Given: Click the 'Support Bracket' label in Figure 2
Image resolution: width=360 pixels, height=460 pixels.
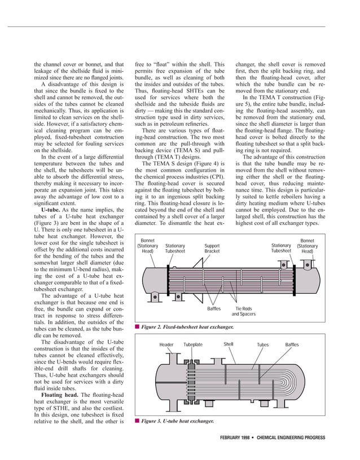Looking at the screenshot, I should (212, 249).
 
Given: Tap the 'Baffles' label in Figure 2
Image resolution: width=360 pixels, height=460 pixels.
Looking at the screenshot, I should (213, 308).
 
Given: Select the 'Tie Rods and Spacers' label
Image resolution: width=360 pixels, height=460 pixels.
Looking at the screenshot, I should (243, 311).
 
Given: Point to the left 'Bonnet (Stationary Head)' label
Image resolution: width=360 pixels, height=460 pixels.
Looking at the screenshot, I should (148, 246).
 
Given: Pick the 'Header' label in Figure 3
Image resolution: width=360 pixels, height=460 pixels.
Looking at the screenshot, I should (166, 344).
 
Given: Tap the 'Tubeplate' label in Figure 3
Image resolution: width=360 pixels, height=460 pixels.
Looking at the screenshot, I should (193, 344).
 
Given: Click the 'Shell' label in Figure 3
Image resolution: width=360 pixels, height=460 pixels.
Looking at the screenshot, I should (229, 344).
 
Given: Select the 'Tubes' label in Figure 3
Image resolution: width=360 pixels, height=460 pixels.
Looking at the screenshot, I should (263, 344).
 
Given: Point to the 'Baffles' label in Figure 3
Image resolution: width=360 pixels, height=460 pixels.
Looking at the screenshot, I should (292, 344).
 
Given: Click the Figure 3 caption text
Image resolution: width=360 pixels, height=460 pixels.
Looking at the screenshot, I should (177, 421).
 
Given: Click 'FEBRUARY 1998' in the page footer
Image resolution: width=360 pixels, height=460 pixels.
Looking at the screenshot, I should (239, 437).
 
